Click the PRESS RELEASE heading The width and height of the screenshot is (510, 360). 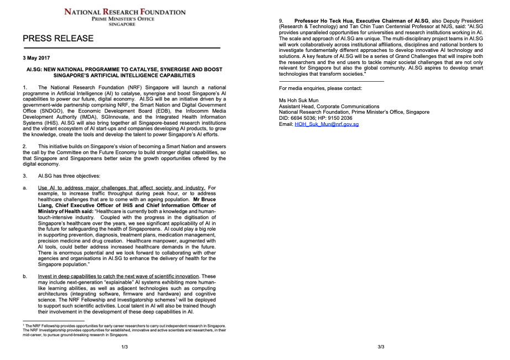(x=58, y=39)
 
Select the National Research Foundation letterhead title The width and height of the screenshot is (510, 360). (x=125, y=11)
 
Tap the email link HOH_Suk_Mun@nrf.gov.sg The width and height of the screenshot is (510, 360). (x=327, y=124)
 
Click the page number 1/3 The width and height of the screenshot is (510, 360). (x=125, y=347)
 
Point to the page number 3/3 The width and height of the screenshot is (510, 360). (x=381, y=347)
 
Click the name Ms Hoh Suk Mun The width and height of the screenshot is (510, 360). (x=299, y=100)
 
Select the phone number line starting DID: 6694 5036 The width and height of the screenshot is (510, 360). (x=316, y=118)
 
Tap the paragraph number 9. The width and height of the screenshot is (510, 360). (x=281, y=21)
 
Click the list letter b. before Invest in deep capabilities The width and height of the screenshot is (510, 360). (x=25, y=276)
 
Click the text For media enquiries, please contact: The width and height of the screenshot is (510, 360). (x=320, y=88)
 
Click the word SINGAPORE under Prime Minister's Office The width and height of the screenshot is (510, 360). (x=124, y=25)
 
